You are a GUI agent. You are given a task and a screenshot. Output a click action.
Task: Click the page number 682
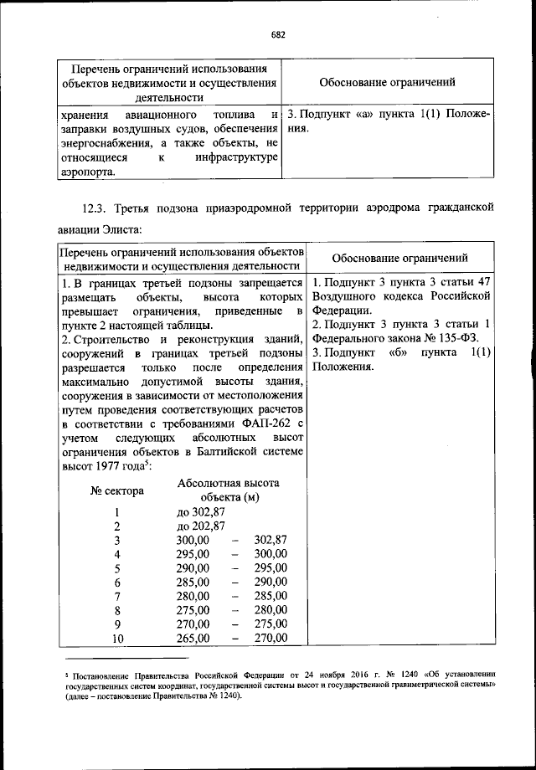tap(279, 34)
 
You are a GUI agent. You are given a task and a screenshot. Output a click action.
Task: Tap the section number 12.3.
tap(97, 206)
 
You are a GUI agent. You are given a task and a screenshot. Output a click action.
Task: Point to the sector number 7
tap(118, 595)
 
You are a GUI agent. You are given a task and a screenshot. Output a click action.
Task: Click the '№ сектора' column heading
tap(117, 490)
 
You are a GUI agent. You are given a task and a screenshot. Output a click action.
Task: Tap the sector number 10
tap(118, 639)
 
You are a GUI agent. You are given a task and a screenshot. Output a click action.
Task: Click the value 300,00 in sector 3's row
tap(193, 540)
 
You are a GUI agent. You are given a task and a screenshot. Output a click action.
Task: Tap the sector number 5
tap(118, 568)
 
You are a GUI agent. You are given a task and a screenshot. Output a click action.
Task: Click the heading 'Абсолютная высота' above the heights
tap(229, 483)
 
